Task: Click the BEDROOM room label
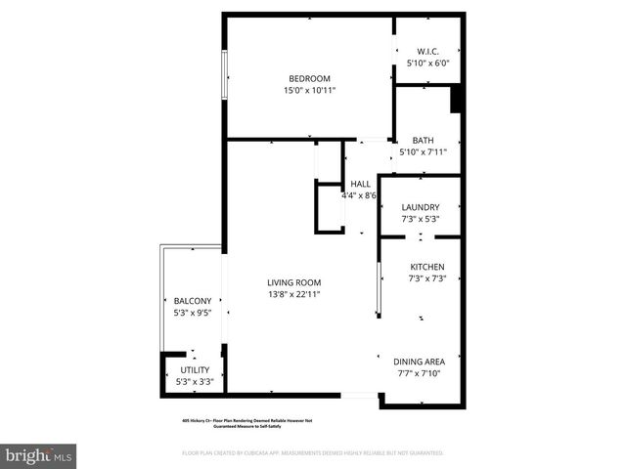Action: pos(308,79)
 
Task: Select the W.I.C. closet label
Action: pos(427,52)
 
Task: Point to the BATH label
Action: pos(423,140)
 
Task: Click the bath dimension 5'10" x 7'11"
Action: pos(423,151)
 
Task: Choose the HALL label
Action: pos(360,184)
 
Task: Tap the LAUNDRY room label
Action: pos(421,207)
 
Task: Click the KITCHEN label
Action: pos(426,267)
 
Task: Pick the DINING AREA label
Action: pos(419,361)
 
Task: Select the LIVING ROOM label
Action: pos(294,282)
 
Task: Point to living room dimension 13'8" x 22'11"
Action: pos(294,294)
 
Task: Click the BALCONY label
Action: pos(193,301)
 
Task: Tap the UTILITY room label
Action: pos(195,369)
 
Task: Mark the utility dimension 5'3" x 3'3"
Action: pos(195,381)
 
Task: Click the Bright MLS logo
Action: pos(39,455)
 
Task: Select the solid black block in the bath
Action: pos(455,101)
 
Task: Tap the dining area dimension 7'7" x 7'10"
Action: pos(419,372)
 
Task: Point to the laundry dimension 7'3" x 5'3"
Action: pos(421,219)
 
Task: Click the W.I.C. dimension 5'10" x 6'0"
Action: pos(427,64)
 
